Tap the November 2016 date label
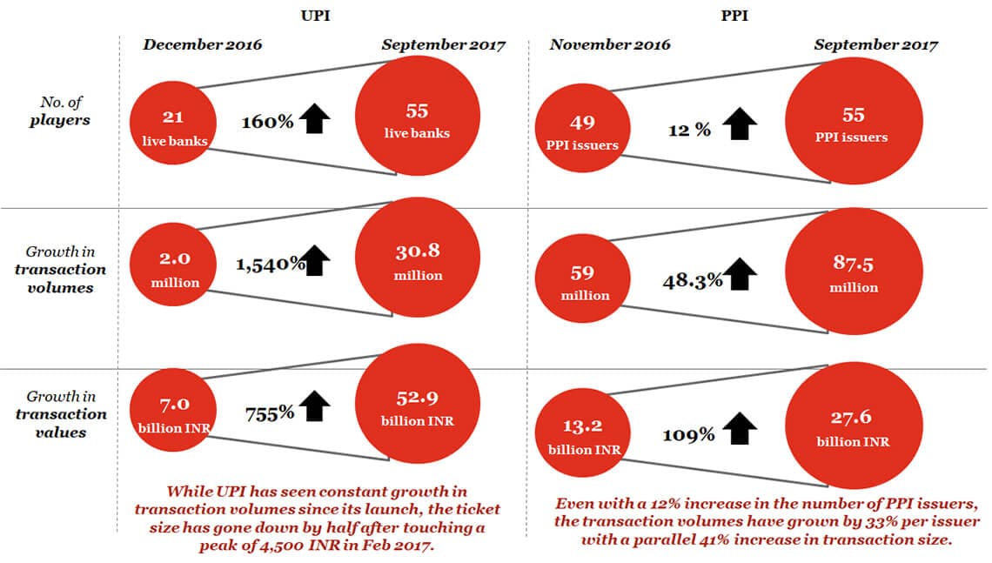coord(610,45)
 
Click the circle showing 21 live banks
coord(171,125)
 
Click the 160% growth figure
coord(267,122)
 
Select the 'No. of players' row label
coord(64,112)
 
